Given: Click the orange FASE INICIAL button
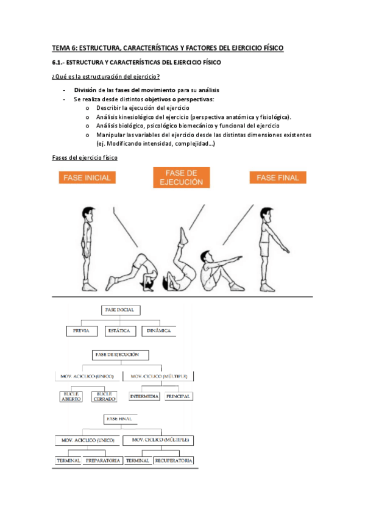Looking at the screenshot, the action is point(87,177).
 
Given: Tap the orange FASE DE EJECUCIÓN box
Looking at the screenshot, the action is point(182,177).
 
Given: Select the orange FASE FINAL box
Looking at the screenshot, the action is point(278,177).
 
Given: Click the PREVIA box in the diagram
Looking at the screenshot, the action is point(82,331).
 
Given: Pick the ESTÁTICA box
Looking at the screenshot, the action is point(120,331).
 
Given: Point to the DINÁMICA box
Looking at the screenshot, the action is point(159,331).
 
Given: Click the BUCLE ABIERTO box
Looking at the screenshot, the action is point(71,397).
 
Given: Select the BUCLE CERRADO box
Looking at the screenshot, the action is point(104,397).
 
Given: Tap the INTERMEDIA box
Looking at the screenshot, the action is point(144,396).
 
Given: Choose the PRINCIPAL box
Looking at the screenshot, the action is point(178,396).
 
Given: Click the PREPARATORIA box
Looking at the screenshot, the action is point(103,461).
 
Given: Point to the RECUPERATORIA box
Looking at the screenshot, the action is point(174,461).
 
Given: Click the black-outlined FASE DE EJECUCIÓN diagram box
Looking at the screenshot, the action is point(120,355).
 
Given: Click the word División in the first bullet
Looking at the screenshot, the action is point(85,90).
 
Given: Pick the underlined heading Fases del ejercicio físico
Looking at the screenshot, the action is point(85,158).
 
